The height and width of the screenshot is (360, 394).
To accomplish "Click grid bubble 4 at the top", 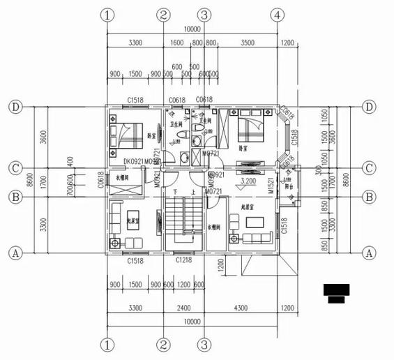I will (x=278, y=15).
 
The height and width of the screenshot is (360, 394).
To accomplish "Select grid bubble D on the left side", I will (x=14, y=107).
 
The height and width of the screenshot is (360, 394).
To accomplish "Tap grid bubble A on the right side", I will (x=370, y=253).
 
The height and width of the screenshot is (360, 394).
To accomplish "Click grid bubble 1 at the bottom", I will (x=107, y=345).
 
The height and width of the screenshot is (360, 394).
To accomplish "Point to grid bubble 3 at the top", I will (x=204, y=15).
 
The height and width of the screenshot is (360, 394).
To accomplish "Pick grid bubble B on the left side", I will (x=14, y=197).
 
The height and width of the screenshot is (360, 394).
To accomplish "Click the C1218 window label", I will (x=183, y=260).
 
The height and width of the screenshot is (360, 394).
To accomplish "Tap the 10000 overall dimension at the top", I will (x=192, y=30).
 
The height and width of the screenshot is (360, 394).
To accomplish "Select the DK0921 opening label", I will (x=134, y=162).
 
